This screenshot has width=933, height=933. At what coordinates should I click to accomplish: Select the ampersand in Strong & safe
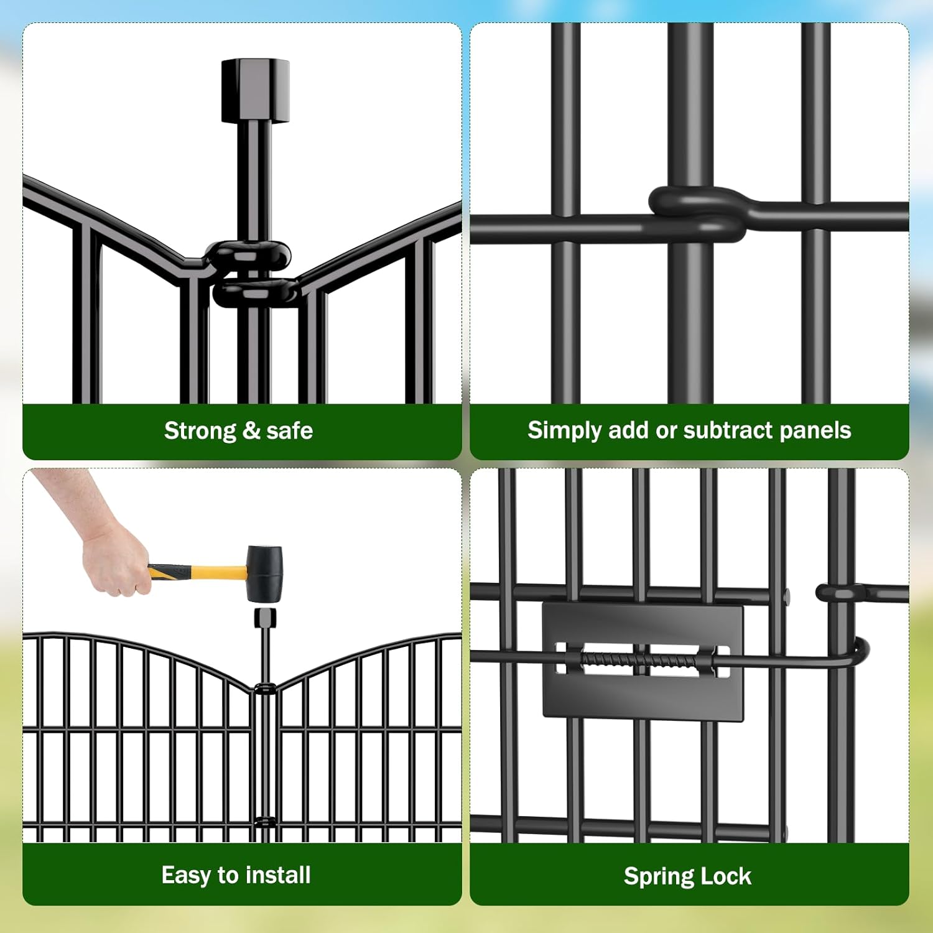click(x=251, y=430)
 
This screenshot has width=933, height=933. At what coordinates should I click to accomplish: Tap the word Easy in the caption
click(x=186, y=875)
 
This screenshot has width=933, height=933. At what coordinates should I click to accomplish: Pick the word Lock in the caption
click(x=728, y=876)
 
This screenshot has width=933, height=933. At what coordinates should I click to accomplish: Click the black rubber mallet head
click(x=264, y=573)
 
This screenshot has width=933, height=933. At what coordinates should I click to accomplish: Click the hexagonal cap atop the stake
click(x=255, y=91)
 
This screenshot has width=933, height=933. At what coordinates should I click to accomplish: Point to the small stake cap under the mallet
click(x=265, y=618)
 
